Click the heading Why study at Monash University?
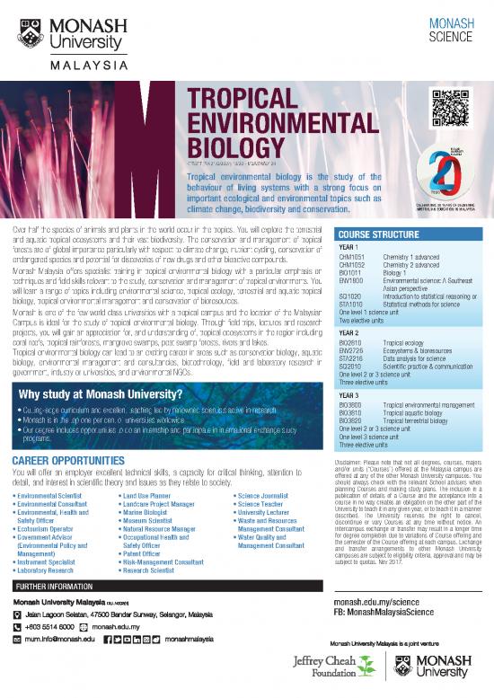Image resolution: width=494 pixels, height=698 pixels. click(102, 394)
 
